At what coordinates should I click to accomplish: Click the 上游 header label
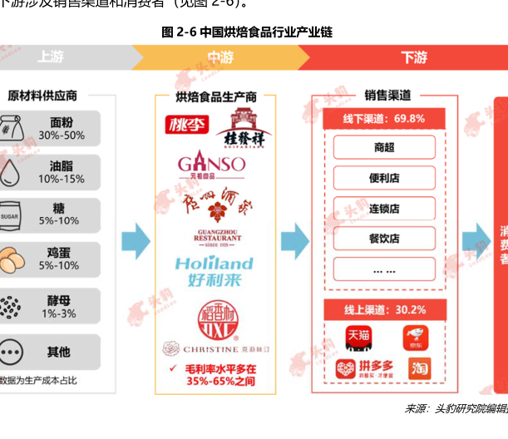click(49, 57)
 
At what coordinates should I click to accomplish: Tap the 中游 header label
click(220, 57)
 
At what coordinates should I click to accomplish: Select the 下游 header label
click(413, 57)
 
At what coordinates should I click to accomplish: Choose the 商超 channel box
click(384, 148)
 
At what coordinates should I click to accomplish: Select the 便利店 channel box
click(384, 178)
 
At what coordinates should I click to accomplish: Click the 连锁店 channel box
click(384, 208)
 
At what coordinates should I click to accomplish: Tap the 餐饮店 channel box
click(384, 239)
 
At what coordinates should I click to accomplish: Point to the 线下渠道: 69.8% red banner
click(384, 119)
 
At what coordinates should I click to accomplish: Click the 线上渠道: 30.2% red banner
click(385, 309)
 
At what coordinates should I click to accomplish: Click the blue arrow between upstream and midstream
click(136, 241)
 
